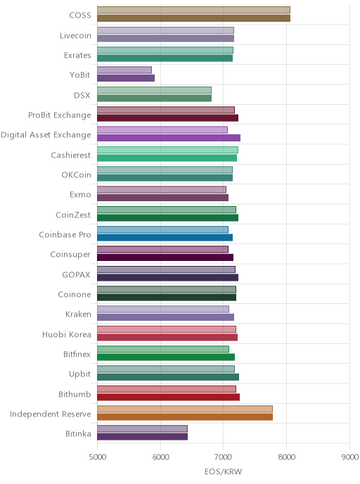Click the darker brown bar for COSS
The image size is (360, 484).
pos(194,18)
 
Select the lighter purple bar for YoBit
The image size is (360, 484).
pos(124,70)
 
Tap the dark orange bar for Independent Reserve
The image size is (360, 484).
pos(185,417)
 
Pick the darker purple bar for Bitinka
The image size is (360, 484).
pos(142,437)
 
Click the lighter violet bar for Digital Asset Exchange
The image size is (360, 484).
pos(162,129)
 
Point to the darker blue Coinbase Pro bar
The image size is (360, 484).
pos(165,238)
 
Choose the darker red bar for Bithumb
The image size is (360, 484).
pos(169,397)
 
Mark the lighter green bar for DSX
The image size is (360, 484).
pos(154,90)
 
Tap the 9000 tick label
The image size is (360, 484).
pos(350,457)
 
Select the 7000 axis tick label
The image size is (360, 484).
pos(224,457)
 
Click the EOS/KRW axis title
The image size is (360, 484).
pos(224,471)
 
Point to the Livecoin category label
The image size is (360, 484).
pos(75,35)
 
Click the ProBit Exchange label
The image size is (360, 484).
pos(60,115)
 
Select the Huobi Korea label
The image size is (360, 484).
pos(67,334)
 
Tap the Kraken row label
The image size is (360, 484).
pos(78,314)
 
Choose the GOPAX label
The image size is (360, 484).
pos(76,274)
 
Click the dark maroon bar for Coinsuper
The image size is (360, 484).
pos(165,257)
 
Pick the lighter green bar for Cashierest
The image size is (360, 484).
pos(167,150)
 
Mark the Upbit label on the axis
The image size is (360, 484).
pos(80,374)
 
